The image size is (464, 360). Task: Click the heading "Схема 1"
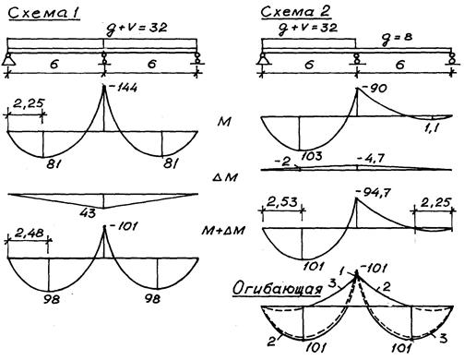click(x=44, y=13)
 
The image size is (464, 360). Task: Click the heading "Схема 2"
click(x=296, y=12)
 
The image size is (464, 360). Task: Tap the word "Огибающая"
click(x=278, y=289)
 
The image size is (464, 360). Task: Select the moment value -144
click(x=123, y=88)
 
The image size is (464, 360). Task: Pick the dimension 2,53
click(x=282, y=202)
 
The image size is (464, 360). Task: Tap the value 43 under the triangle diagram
click(x=88, y=213)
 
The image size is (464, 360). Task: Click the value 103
click(x=312, y=156)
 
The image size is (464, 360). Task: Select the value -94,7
click(x=373, y=193)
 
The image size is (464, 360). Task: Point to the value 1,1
click(x=432, y=127)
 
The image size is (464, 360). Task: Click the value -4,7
click(x=371, y=159)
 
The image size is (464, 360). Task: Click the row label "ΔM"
click(x=225, y=177)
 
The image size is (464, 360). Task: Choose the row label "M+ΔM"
click(x=222, y=230)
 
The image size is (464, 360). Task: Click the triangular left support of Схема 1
click(x=7, y=59)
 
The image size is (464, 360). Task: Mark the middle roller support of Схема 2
click(x=356, y=59)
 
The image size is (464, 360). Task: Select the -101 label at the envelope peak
click(x=373, y=269)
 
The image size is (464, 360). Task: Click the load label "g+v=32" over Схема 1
click(x=137, y=29)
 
